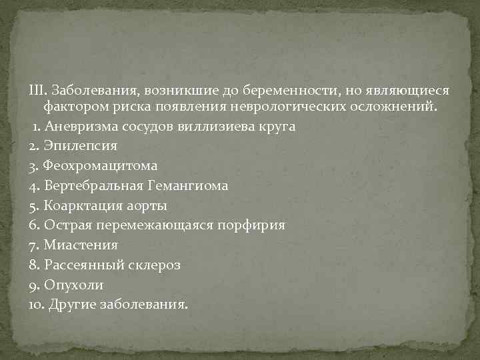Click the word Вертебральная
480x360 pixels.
[x=87, y=185]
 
